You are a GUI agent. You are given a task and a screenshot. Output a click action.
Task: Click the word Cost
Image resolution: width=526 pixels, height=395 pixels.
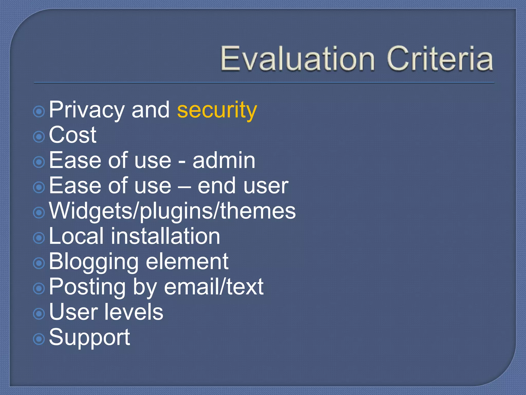[72, 135]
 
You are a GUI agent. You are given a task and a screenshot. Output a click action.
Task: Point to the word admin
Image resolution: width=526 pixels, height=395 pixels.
[224, 160]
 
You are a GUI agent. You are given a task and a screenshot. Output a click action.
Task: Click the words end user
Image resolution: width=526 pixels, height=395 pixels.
[243, 186]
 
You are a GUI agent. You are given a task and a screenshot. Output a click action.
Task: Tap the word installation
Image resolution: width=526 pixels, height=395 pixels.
[165, 236]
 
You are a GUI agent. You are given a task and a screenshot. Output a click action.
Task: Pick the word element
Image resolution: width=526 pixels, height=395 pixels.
[187, 262]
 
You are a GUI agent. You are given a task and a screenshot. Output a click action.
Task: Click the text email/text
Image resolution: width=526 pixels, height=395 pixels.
[214, 286]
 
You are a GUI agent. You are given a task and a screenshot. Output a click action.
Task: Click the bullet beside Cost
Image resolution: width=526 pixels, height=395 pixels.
[39, 137]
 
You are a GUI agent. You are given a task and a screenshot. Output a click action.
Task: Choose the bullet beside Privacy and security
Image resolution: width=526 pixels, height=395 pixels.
[39, 111]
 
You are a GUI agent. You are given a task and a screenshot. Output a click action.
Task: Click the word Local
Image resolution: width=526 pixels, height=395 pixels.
[76, 236]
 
